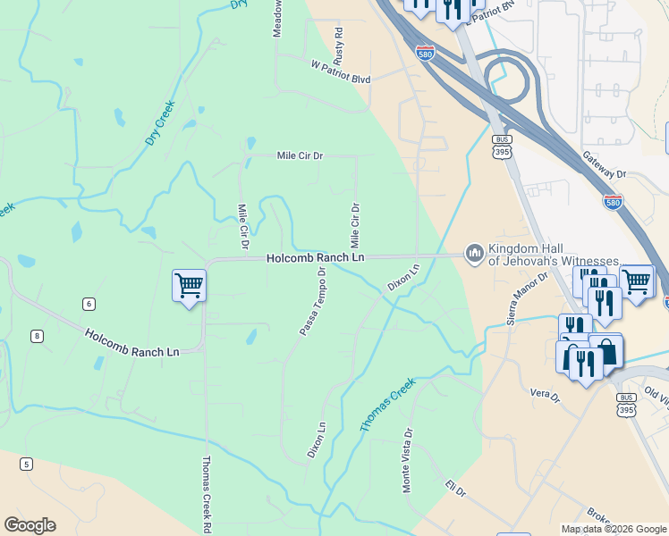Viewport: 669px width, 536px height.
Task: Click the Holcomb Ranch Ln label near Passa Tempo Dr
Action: (x=316, y=257)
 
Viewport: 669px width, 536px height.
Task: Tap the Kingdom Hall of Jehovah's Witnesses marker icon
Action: (x=472, y=255)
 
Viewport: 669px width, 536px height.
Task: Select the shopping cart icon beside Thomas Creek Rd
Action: (x=189, y=286)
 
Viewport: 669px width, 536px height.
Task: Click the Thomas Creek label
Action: (x=388, y=406)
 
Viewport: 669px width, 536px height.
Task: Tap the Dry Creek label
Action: (x=160, y=123)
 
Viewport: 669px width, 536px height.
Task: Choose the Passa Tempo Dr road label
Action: (x=313, y=301)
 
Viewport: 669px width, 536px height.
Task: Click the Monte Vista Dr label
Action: (x=407, y=460)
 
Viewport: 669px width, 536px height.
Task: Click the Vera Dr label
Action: (x=544, y=393)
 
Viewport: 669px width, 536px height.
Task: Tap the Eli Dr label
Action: (x=456, y=490)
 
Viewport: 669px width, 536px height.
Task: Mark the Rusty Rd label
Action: (x=339, y=44)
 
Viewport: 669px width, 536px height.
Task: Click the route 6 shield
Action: (x=88, y=304)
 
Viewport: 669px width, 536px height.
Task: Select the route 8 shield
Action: (x=36, y=336)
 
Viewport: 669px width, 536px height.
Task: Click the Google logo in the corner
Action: (x=30, y=525)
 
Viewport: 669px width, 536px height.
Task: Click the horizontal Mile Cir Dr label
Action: (x=300, y=155)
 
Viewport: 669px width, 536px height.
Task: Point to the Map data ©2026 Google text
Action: (x=613, y=529)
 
